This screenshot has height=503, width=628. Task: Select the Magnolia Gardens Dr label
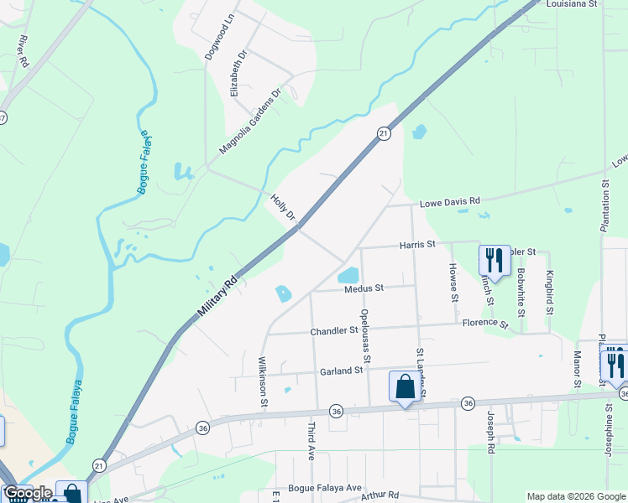[x=249, y=122]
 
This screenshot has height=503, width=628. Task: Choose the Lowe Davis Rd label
[x=449, y=201]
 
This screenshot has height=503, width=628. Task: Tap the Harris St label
[x=417, y=245]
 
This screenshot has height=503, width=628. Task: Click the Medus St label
[x=364, y=288]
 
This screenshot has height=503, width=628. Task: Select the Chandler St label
[x=334, y=331]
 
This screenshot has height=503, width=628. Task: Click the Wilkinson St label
[x=264, y=383]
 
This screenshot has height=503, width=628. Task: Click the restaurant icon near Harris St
[x=494, y=260]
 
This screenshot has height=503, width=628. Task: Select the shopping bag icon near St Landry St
[x=405, y=387]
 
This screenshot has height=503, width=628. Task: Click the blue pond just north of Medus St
[x=348, y=275]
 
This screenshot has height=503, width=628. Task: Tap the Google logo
[x=27, y=493]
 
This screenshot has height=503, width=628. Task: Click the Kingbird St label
[x=550, y=292]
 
